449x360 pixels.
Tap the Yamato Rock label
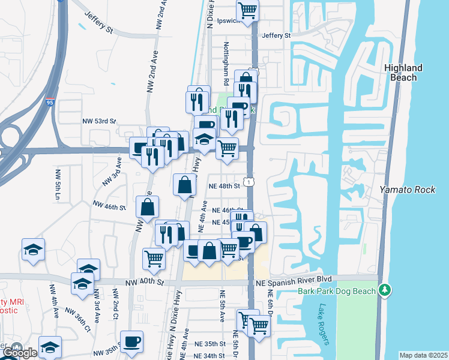coord(407,190)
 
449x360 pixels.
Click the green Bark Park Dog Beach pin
coord(385,290)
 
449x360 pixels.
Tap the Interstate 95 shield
coord(50,103)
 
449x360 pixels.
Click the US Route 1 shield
coord(247,181)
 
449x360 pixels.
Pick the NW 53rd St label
coord(99,121)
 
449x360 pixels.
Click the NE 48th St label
coord(224,186)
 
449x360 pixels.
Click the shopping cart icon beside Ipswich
coord(247,10)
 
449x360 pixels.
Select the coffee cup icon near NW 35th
coord(131,342)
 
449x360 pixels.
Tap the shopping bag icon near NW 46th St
coord(147,208)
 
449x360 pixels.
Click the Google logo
coord(20,353)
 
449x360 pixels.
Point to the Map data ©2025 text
coord(423,355)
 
